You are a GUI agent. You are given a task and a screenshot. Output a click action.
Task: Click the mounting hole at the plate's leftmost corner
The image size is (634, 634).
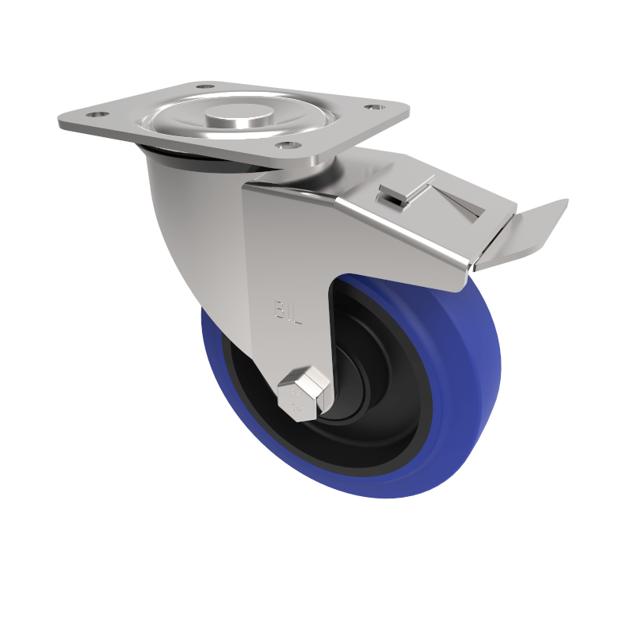[x=97, y=115]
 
